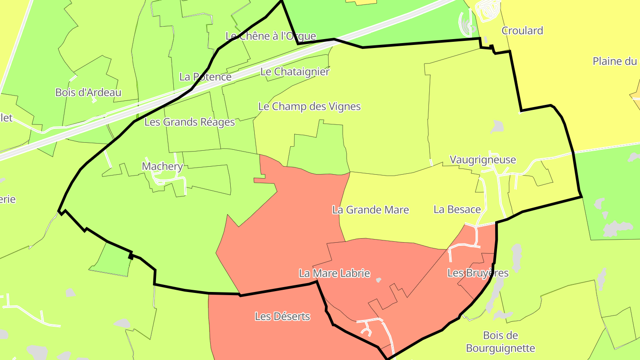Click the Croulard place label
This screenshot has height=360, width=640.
click(x=522, y=31)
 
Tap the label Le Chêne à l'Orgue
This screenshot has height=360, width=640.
click(x=271, y=36)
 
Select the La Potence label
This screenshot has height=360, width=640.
click(x=205, y=77)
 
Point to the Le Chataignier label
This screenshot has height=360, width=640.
click(x=295, y=72)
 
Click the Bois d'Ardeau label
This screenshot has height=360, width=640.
click(x=88, y=92)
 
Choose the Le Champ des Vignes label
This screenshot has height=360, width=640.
click(x=309, y=107)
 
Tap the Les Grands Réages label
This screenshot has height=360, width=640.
click(x=189, y=122)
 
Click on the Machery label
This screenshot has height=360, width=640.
click(x=162, y=166)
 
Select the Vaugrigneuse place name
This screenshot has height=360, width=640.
click(x=483, y=160)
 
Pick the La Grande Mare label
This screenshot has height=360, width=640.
click(x=370, y=210)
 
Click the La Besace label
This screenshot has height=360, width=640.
click(x=457, y=209)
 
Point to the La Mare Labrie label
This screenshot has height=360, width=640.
click(x=334, y=273)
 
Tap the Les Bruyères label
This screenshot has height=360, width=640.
click(x=478, y=273)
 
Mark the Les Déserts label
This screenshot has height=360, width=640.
click(x=282, y=316)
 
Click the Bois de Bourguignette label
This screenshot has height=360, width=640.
click(x=500, y=342)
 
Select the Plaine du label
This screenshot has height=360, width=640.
click(x=615, y=61)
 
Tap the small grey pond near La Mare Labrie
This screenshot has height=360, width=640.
click(x=378, y=280)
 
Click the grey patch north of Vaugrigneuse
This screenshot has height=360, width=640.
click(x=497, y=127)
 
